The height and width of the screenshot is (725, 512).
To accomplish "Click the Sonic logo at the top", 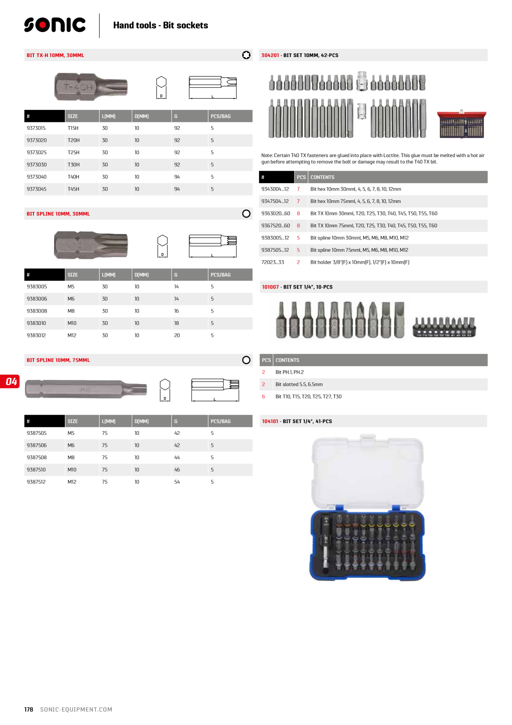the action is coord(55,25).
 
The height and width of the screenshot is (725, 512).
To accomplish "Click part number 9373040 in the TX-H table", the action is coord(37,177).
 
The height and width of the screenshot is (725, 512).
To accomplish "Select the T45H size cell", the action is coord(73,189).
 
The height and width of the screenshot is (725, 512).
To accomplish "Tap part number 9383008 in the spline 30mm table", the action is coord(37,311).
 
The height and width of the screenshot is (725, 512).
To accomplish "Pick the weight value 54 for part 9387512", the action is coord(177,482).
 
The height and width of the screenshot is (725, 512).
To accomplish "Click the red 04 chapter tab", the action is coord(10,381).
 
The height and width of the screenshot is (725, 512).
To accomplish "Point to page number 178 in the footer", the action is coord(28,710).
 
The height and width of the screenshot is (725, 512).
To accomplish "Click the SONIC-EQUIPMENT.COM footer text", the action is coord(76,710).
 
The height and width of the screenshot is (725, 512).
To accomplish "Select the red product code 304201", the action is coord(270,55).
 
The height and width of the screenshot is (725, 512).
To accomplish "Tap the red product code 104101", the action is coord(270,422).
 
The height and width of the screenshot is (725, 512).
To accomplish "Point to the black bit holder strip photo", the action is coord(444,327).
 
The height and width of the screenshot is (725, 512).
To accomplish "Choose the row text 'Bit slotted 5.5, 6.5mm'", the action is coord(299,384).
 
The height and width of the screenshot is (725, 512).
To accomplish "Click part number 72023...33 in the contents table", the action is coord(273,262).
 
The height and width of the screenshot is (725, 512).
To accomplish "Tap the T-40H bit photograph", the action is coord(91,87).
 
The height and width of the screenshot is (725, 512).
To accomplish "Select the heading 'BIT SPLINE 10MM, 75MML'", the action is coord(58,360).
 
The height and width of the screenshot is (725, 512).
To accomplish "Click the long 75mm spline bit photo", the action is coord(86,389).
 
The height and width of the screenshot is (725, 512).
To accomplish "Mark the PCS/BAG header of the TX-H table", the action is coord(220,117).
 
